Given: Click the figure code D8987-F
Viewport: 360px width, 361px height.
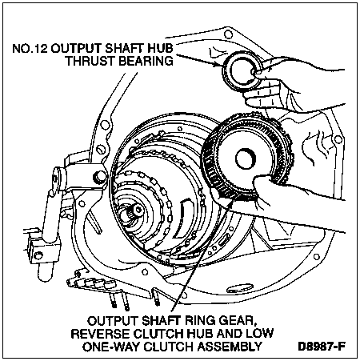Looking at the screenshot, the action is (x=322, y=347).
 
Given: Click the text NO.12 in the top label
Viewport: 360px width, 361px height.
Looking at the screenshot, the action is (x=30, y=49).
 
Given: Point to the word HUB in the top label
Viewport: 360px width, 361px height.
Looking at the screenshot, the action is (x=161, y=49).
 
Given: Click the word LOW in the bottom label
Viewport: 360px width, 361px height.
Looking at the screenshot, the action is (x=260, y=334).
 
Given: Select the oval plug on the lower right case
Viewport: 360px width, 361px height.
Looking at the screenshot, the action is (x=240, y=288).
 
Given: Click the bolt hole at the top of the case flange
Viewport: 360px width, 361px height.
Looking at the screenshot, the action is (x=228, y=34).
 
